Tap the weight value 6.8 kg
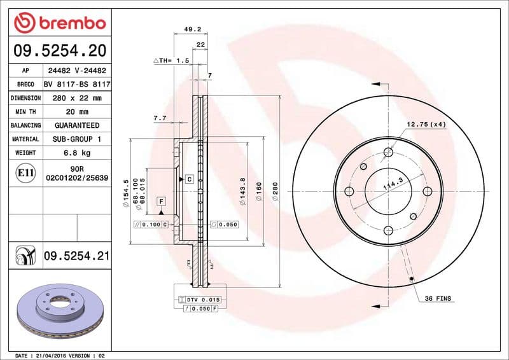(x=76, y=153)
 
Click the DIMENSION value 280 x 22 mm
(x=76, y=98)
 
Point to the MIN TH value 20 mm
(x=76, y=112)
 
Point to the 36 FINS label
(x=438, y=298)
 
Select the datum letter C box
(x=190, y=179)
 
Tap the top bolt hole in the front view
(x=388, y=151)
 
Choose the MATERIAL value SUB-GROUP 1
(x=76, y=139)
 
